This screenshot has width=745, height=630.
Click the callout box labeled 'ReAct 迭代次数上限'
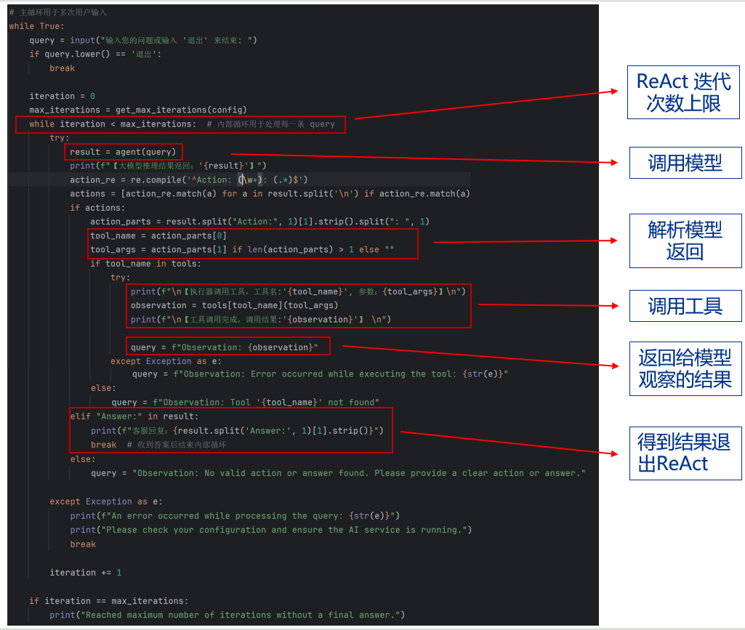point(684,92)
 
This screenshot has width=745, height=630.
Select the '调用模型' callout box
point(685,163)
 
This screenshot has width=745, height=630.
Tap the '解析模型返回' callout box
point(685,241)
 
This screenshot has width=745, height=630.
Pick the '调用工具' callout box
point(685,306)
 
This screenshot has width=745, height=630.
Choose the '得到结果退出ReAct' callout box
point(685,452)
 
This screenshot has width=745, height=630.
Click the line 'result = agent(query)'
point(123,152)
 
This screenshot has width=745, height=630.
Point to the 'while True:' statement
point(36,26)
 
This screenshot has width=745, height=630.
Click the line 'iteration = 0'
point(62,96)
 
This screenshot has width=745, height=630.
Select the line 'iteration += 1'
point(85,573)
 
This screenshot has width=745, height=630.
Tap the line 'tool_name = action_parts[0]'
point(158,235)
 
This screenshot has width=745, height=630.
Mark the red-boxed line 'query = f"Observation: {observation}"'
point(225,347)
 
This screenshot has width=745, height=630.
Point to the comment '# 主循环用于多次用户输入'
point(59,12)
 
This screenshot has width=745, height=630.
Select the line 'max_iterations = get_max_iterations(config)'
point(138,110)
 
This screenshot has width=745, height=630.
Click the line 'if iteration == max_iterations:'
point(108,601)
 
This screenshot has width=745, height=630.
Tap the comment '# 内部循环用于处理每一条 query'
point(270,124)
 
